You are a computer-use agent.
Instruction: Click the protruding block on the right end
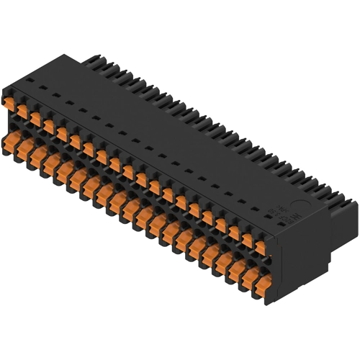click(x=344, y=216)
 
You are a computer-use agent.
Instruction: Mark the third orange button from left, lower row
click(x=48, y=162)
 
